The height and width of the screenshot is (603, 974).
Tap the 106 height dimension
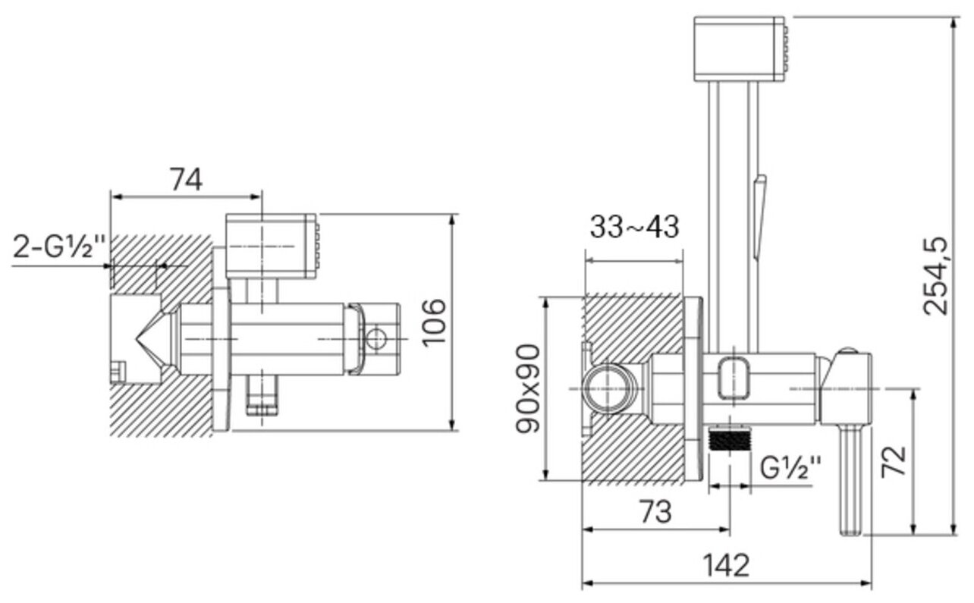[435, 322]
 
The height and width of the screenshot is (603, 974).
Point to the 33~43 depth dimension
[635, 226]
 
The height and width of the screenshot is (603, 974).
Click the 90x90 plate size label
[529, 388]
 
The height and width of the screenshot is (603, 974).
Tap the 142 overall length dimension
[725, 565]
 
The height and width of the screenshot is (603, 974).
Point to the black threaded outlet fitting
[729, 440]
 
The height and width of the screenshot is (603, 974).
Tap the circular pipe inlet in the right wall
[609, 388]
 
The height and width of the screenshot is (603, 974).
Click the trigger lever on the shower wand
[759, 216]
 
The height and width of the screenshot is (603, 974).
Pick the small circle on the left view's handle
[376, 338]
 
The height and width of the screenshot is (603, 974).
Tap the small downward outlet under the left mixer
[262, 395]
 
